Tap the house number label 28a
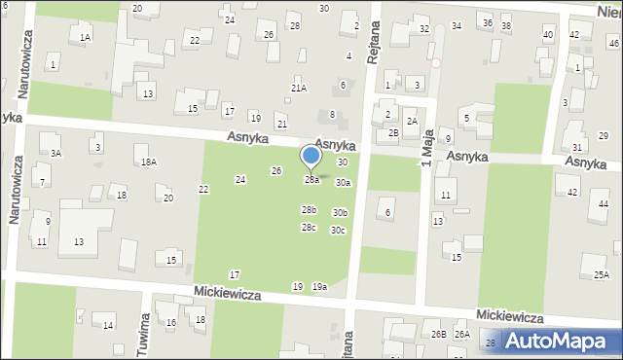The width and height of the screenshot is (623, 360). [311, 180]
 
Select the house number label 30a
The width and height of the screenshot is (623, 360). [343, 182]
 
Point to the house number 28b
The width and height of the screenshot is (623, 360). [309, 210]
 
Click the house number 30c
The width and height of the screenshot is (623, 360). [338, 231]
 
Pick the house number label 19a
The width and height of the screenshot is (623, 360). [319, 286]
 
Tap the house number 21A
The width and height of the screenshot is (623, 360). [299, 88]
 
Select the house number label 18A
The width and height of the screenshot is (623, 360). [148, 162]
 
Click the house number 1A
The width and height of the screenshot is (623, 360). [85, 37]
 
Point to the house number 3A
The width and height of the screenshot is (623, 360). [55, 153]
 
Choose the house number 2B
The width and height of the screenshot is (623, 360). [393, 132]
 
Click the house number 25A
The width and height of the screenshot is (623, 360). [601, 274]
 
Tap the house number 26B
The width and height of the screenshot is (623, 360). [438, 335]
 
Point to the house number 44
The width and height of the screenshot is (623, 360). [604, 204]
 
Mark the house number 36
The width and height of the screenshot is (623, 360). [487, 22]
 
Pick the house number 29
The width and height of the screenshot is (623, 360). [604, 135]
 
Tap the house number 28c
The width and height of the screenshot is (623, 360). [309, 228]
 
